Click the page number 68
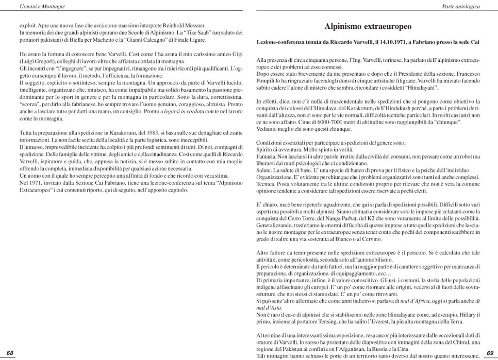click(x=9, y=353)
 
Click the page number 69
click(x=490, y=353)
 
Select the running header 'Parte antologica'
click(x=461, y=6)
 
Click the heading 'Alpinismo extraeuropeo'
click(x=368, y=26)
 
